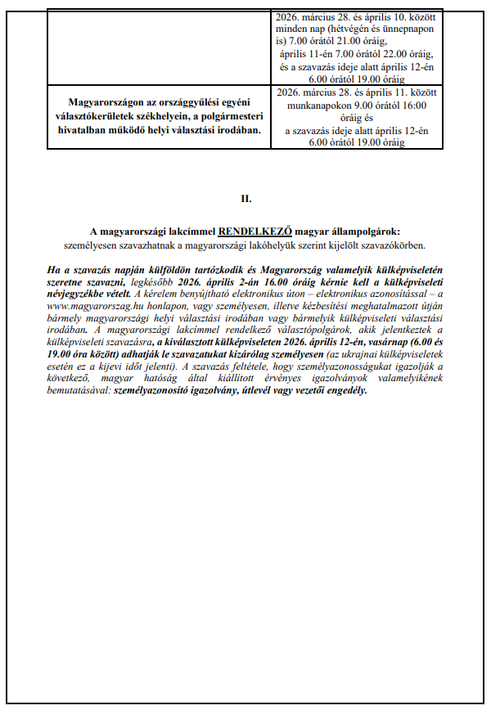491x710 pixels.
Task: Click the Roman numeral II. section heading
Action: pyautogui.click(x=245, y=199)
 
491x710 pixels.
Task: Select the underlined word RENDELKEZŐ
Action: pyautogui.click(x=255, y=232)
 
